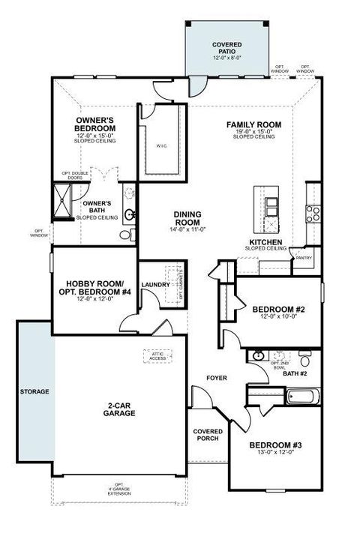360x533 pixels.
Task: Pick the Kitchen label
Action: click(x=266, y=243)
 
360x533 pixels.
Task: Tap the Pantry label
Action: click(x=304, y=257)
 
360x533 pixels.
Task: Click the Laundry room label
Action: click(x=154, y=285)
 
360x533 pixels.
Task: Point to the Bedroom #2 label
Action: click(x=277, y=309)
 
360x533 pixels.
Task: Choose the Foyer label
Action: click(x=217, y=378)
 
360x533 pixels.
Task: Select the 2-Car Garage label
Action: click(x=120, y=409)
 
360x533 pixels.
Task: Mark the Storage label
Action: click(x=34, y=391)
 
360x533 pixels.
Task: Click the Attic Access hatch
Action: click(x=158, y=355)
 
